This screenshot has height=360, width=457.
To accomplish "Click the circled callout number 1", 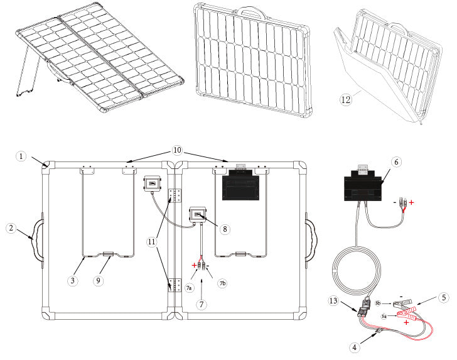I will (21, 156).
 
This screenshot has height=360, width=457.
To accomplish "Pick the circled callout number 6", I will (395, 161).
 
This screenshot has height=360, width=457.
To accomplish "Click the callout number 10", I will (177, 151).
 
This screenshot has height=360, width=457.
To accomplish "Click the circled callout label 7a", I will (189, 287).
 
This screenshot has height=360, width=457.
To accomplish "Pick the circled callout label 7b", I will (222, 284).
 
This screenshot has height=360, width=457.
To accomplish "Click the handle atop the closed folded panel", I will (249, 12).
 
